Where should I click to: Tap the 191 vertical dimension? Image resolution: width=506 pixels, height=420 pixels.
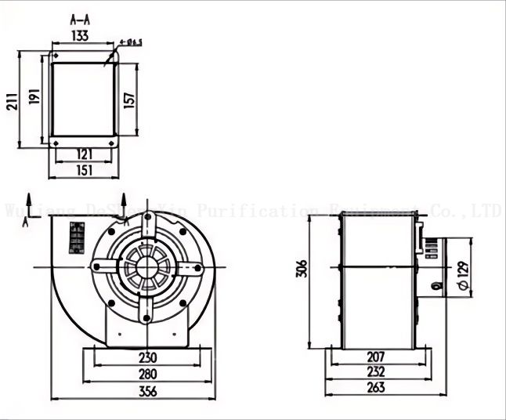[x=34, y=96]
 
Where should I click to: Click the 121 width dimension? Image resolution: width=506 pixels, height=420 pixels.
[x=83, y=154]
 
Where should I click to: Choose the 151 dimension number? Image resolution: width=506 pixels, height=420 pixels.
[x=83, y=169]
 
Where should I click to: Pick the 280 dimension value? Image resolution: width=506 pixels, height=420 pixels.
[x=148, y=374]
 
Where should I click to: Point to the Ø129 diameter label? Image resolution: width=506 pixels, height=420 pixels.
[x=463, y=277]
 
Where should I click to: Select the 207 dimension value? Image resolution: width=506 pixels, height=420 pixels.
[x=376, y=357]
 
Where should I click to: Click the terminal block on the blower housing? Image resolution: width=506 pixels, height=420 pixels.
[x=78, y=237]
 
